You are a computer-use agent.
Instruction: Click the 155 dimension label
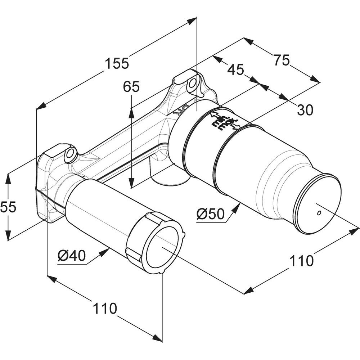pyautogui.click(x=117, y=64)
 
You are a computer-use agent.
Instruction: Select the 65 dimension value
pyautogui.click(x=131, y=87)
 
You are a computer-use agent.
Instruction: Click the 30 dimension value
pyautogui.click(x=305, y=109)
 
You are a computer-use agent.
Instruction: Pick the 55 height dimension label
pyautogui.click(x=8, y=207)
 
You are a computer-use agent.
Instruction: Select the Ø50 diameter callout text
pyautogui.click(x=210, y=215)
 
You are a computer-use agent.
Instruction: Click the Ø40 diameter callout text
pyautogui.click(x=71, y=256)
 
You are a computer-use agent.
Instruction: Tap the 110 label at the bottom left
pyautogui.click(x=105, y=308)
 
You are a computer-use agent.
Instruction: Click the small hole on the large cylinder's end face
pyautogui.click(x=318, y=213)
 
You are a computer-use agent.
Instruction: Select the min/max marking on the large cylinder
pyautogui.click(x=226, y=121)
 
